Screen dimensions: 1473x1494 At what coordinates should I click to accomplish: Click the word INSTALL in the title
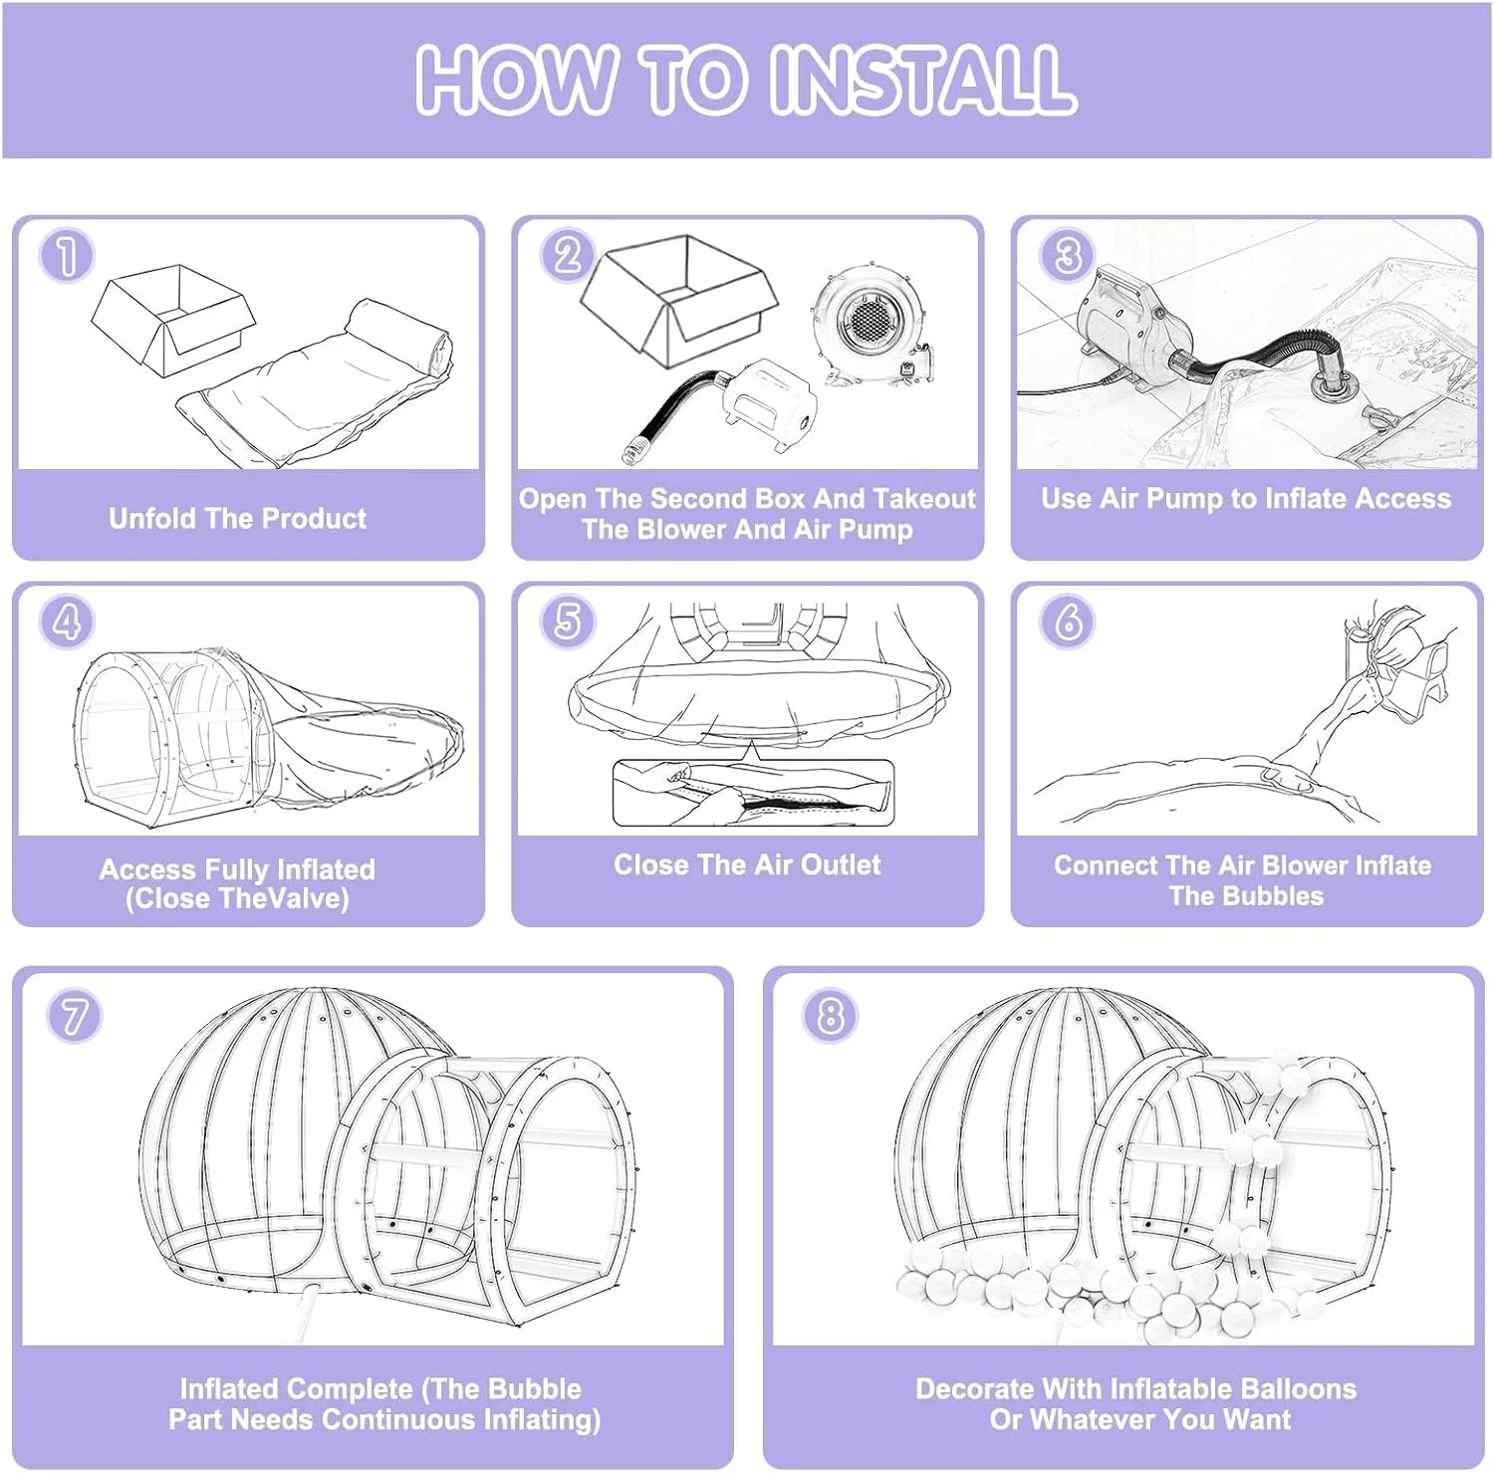click(922, 80)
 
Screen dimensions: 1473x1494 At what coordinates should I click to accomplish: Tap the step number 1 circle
click(67, 256)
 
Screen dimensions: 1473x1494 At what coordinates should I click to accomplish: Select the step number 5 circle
click(567, 621)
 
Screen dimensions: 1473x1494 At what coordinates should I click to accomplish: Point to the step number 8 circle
click(829, 1016)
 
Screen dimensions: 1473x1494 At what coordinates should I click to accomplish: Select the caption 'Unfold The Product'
click(237, 518)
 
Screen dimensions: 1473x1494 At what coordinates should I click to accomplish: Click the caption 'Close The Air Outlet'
click(747, 864)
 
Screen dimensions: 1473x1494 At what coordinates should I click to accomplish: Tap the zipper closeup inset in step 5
click(753, 793)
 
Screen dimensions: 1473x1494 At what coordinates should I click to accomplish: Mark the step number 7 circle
click(74, 1016)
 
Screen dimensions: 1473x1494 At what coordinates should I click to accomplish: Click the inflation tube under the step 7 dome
click(309, 1305)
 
